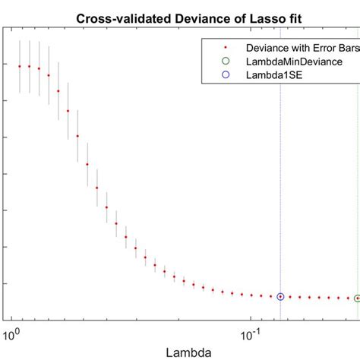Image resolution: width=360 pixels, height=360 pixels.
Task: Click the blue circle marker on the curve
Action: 280,297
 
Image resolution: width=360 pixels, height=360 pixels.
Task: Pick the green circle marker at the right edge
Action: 357,298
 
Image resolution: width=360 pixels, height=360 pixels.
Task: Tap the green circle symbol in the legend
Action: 224,60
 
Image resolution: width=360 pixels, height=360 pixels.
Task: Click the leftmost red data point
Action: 20,66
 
